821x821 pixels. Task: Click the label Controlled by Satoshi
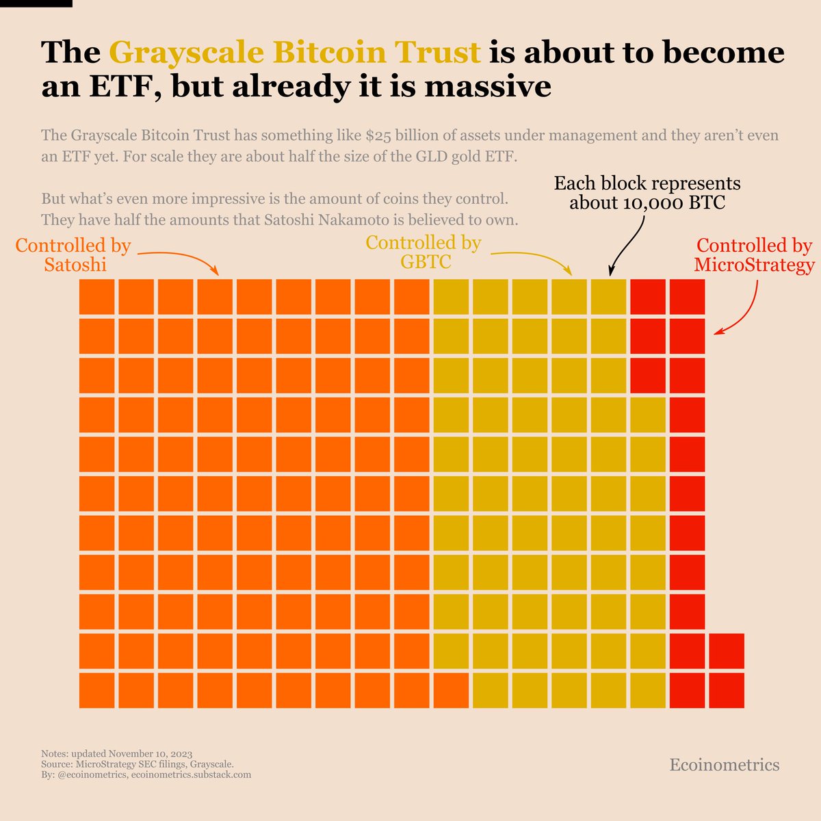[74, 255]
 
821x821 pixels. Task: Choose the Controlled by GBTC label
[423, 252]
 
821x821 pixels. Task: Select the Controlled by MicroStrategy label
[754, 255]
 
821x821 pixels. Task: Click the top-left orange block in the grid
[96, 298]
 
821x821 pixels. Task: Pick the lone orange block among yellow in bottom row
[451, 690]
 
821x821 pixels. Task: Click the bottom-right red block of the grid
[727, 690]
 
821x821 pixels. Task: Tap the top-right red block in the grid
[687, 298]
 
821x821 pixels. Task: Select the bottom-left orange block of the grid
[96, 690]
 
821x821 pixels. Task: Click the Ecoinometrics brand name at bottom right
[724, 764]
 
